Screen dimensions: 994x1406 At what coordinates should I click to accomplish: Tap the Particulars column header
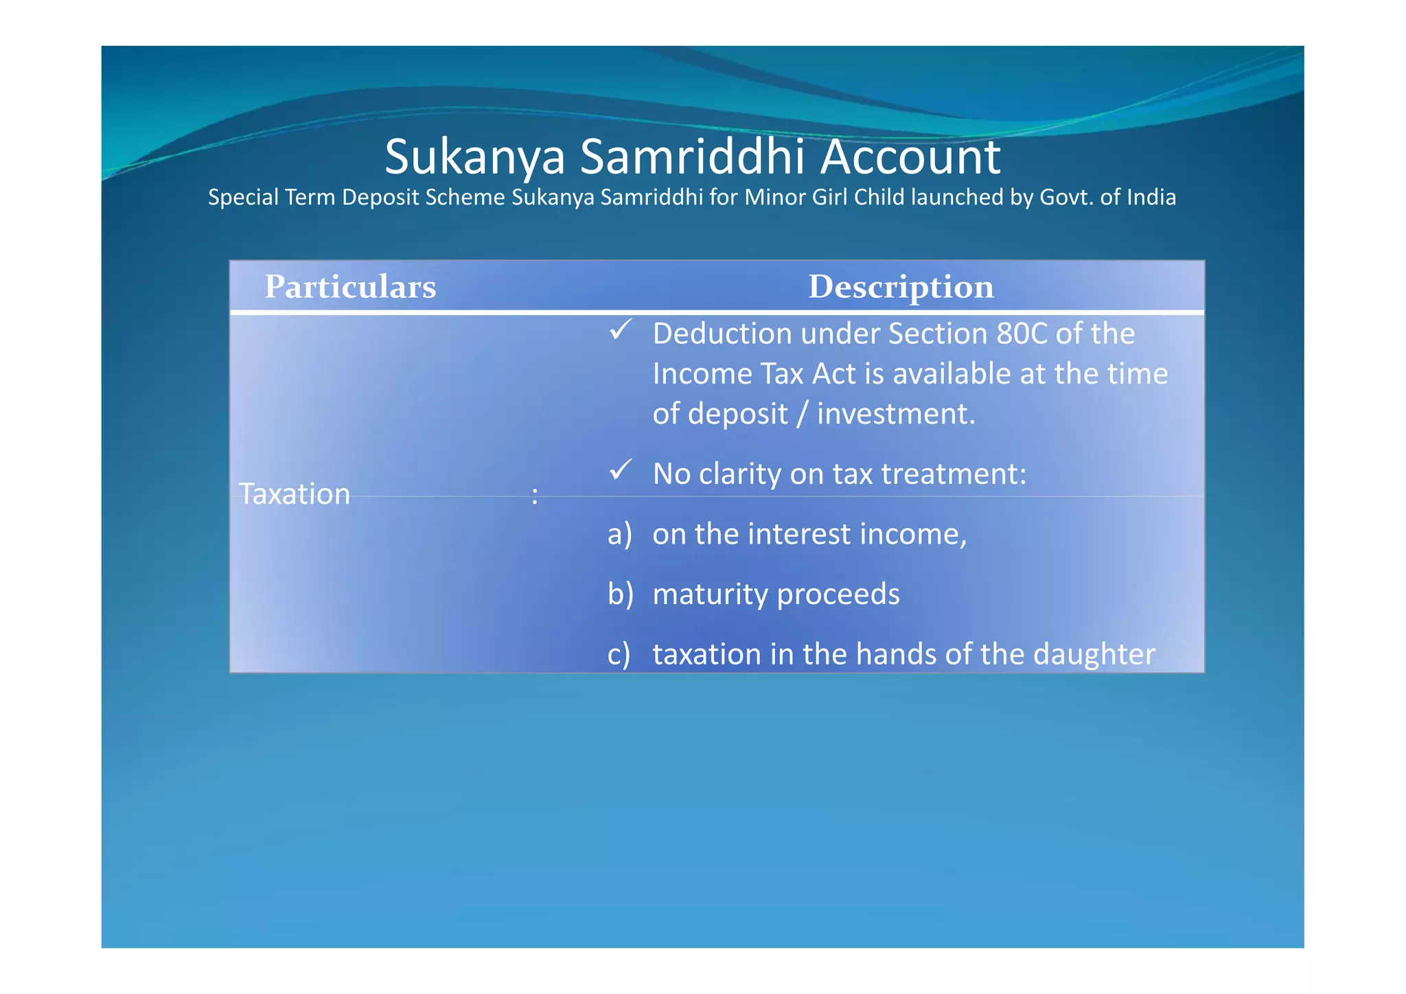coord(350,287)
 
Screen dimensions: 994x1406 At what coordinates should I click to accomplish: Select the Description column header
coord(901,287)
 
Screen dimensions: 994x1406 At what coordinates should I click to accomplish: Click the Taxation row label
coord(295,494)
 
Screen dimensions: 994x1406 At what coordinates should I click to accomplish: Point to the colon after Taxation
coord(535,496)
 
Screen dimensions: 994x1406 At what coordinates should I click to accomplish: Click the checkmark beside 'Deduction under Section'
coord(620,331)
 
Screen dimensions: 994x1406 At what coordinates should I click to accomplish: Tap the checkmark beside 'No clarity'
coord(620,471)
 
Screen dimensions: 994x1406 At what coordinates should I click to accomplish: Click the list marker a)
coord(619,534)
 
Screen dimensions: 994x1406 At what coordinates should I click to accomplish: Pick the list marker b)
coord(620,594)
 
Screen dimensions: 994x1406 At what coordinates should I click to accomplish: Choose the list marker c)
coord(619,654)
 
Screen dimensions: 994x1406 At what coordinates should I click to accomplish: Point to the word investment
coord(895,414)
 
